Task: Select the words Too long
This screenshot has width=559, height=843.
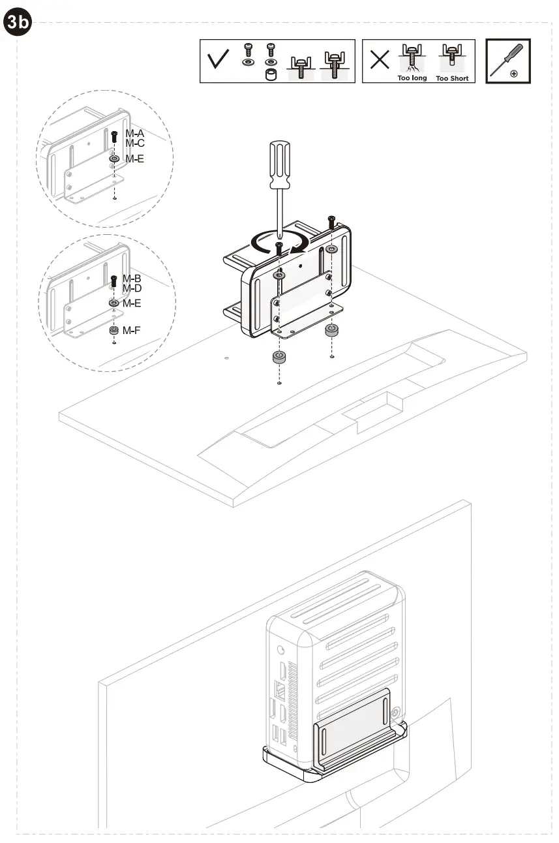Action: [x=412, y=78]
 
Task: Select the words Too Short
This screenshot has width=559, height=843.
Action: [x=451, y=78]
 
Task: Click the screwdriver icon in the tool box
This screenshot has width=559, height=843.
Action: [x=508, y=61]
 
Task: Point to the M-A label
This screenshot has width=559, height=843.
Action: [x=134, y=134]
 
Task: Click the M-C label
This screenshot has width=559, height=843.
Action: [x=134, y=143]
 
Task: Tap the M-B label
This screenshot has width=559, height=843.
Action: [x=132, y=279]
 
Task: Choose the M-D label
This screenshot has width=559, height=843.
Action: [x=132, y=288]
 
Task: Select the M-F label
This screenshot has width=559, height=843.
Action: [x=132, y=331]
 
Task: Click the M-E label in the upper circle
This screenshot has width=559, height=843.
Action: [x=134, y=159]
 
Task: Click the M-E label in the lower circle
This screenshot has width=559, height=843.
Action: [x=132, y=303]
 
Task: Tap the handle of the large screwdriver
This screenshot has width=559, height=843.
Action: [x=279, y=164]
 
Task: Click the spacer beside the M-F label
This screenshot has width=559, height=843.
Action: [x=113, y=330]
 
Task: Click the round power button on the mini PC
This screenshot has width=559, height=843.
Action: [x=280, y=651]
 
